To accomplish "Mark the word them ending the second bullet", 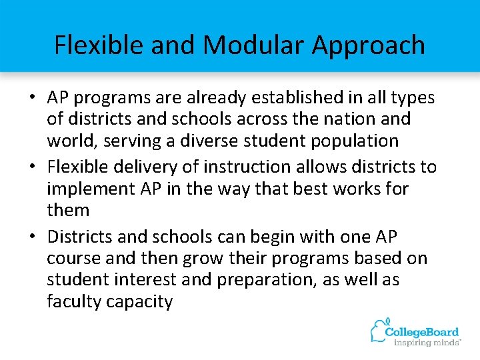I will click(68, 210).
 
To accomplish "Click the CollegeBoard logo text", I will click(424, 331).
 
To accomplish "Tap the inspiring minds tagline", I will click(427, 343).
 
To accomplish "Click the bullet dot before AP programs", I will click(31, 98).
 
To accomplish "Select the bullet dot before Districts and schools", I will click(31, 237).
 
